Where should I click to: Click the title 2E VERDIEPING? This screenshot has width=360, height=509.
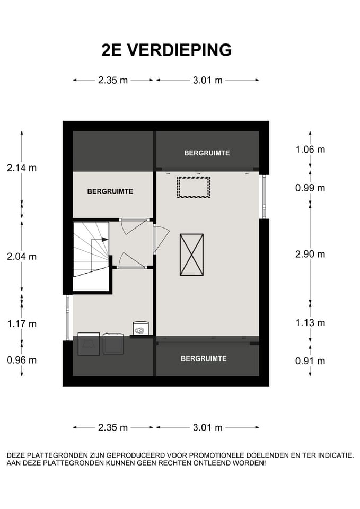166,50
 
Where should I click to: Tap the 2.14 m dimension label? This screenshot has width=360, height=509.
22,168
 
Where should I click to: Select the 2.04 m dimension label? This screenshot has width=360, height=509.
22,256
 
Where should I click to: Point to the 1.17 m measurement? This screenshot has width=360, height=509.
22,323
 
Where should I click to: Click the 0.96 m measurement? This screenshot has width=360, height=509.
22,360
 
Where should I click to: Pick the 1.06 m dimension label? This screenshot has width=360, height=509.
310,149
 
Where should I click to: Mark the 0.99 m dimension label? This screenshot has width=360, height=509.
310,187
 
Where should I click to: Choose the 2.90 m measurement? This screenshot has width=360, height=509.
310,254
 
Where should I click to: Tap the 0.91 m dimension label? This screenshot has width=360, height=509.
310,361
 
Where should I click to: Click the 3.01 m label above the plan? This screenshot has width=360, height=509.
207,80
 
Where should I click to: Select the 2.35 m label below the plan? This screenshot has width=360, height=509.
113,427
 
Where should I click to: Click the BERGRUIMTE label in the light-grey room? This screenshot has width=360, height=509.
110,191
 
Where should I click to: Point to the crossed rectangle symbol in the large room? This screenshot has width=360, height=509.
191,254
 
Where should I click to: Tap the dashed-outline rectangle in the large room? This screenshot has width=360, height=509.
194,187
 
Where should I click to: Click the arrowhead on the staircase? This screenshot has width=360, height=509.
105,240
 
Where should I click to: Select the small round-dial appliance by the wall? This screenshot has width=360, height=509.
141,329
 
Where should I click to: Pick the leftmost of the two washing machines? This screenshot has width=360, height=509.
89,344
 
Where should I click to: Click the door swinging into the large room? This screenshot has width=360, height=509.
161,238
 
